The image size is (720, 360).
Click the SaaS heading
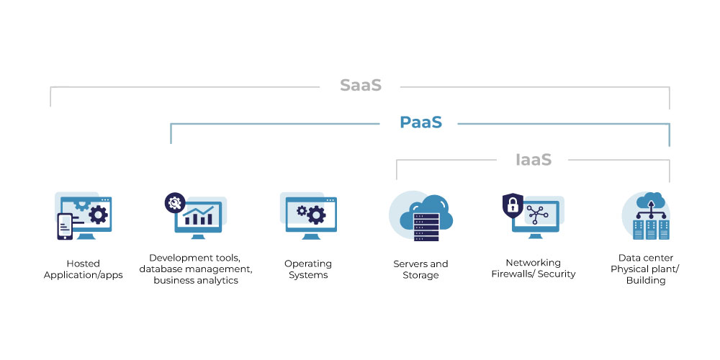[361, 86]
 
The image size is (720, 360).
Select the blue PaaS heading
[420, 122]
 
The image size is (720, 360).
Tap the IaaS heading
[533, 160]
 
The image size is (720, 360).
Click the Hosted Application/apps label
[83, 269]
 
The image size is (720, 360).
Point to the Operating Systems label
[308, 269]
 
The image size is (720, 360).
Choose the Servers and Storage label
[420, 269]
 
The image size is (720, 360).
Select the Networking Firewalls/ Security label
[533, 268]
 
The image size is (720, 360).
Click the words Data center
[646, 258]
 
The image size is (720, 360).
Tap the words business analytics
[196, 280]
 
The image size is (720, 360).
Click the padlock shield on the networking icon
[513, 205]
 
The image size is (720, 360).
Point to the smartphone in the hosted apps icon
[65, 226]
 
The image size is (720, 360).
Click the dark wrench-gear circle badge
[175, 202]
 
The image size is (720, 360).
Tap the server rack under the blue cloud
[426, 227]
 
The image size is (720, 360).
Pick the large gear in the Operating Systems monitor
[316, 215]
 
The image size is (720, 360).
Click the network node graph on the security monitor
[537, 215]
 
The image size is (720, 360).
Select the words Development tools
[194, 258]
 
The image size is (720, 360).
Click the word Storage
[420, 275]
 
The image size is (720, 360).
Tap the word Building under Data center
[646, 280]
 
